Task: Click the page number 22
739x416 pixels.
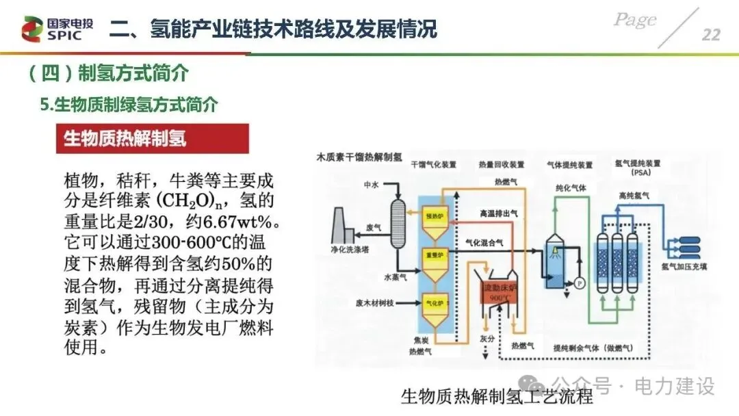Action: tap(711, 35)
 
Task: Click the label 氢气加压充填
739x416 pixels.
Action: tap(688, 265)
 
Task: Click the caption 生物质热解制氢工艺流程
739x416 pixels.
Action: tap(497, 397)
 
